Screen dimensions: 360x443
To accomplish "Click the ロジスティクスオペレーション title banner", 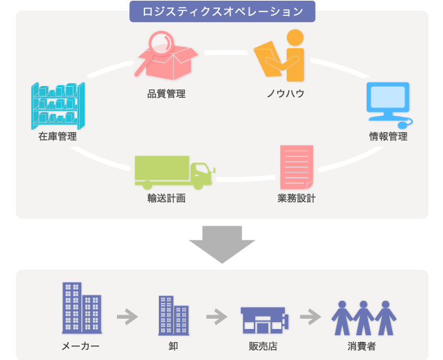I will tap(221, 12).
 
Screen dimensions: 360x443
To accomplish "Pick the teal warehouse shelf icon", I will tap(58, 106).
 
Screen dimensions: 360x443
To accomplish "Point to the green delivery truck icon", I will tap(174, 172).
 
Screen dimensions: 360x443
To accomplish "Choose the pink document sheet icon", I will tap(297, 167).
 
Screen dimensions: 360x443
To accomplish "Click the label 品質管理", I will tap(166, 94).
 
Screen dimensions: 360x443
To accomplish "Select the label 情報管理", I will tap(389, 136).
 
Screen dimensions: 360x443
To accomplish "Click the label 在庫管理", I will tap(58, 136).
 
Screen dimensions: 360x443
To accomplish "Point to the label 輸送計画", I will tap(166, 199).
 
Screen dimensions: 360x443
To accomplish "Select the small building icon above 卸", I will tap(173, 315).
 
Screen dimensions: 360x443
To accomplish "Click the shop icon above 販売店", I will tap(263, 319).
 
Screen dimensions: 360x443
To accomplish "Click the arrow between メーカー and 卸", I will tap(127, 317).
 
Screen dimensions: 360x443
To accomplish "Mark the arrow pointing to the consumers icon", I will tap(311, 317).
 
